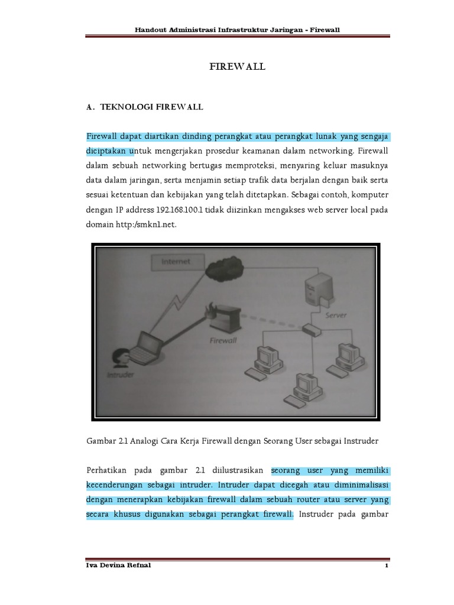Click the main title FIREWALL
click(238, 67)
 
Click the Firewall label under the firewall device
click(224, 340)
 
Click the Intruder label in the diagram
click(119, 375)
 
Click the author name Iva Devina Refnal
click(118, 565)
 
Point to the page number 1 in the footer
click(385, 566)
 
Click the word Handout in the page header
click(151, 29)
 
